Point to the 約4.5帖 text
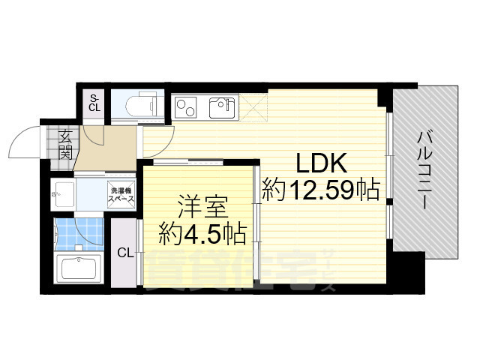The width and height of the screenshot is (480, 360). click(x=202, y=235)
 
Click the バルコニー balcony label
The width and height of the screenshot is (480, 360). click(x=426, y=170)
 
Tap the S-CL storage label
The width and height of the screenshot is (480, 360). click(x=94, y=103)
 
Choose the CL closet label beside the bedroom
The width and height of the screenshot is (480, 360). click(x=124, y=253)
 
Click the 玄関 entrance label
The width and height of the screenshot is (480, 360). click(x=65, y=145)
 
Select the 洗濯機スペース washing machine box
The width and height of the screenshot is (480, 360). click(x=121, y=195)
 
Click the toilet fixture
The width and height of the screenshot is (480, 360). click(x=140, y=105)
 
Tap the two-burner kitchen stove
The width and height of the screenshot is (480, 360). click(x=186, y=109)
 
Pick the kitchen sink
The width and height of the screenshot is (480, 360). click(x=221, y=109)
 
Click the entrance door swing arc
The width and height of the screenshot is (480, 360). click(x=25, y=140)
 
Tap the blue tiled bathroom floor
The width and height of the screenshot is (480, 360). click(x=77, y=234)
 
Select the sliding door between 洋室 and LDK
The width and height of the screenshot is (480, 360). click(x=256, y=222)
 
